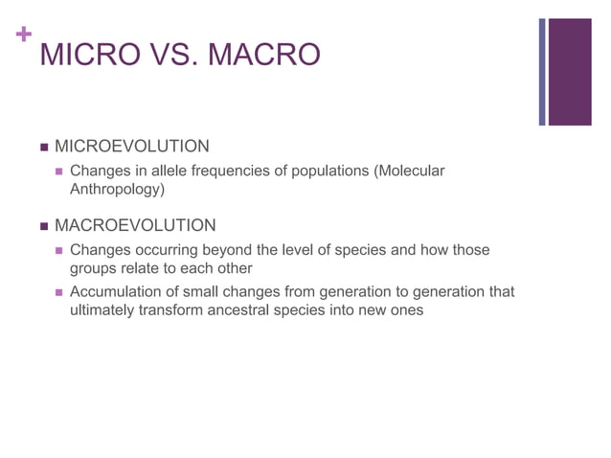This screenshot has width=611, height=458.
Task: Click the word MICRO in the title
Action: pos(87,55)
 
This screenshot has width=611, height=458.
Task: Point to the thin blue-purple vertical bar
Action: pos(542,71)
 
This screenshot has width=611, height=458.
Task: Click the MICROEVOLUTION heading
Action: pos(131,147)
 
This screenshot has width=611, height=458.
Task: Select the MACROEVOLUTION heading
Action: pos(135,225)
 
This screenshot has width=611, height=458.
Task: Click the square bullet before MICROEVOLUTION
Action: pos(44,148)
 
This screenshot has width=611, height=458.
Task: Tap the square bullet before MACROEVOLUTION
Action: pos(44,226)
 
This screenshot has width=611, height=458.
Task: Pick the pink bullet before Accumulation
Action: pos(59,292)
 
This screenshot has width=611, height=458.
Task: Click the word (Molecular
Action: pos(409,171)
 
